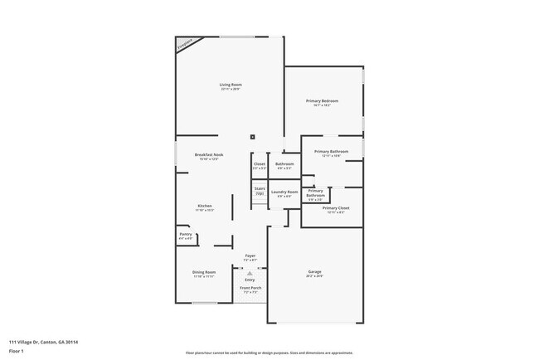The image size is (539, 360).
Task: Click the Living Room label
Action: pyautogui.click(x=230, y=85)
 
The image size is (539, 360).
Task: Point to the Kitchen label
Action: pyautogui.click(x=204, y=206)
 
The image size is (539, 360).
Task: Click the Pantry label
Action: pyautogui.click(x=185, y=235)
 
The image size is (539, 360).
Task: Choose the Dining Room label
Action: pyautogui.click(x=204, y=272)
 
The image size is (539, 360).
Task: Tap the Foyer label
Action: pyautogui.click(x=250, y=255)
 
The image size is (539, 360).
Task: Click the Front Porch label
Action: pyautogui.click(x=250, y=288)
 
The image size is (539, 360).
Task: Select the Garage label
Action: pyautogui.click(x=314, y=272)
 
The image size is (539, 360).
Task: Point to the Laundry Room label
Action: pyautogui.click(x=284, y=192)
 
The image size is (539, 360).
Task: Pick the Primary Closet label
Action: pyautogui.click(x=336, y=208)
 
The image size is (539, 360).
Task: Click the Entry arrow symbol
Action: pyautogui.click(x=250, y=272)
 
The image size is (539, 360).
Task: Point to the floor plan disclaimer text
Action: pyautogui.click(x=269, y=353)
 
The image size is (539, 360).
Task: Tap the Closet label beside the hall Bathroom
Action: pyautogui.click(x=260, y=163)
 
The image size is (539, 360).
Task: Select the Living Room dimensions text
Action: pyautogui.click(x=230, y=89)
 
